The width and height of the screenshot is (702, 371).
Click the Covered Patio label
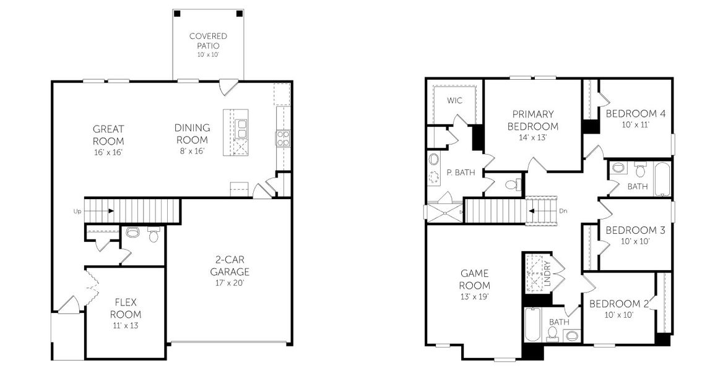[207, 41]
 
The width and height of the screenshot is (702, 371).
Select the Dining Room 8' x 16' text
[192, 139]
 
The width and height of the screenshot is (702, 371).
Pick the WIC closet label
[456, 100]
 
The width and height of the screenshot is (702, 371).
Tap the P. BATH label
[461, 173]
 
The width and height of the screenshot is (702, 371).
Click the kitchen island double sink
[241, 129]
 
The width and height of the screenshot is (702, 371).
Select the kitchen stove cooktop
[283, 138]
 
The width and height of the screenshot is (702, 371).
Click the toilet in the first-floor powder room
[132, 232]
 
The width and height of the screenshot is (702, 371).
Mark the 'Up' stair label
[77, 211]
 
